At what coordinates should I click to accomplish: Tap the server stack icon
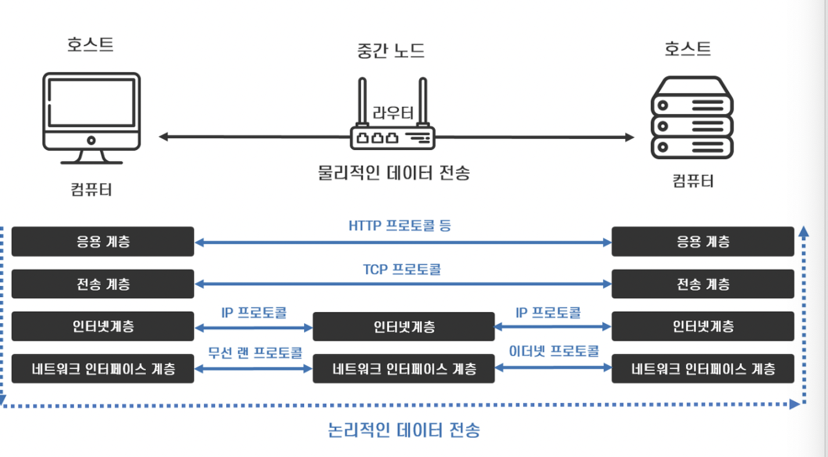point(691,119)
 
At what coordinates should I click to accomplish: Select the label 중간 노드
point(391,51)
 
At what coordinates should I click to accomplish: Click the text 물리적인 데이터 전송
point(394,172)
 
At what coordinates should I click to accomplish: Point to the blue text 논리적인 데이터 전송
point(404,430)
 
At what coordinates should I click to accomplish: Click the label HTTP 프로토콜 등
point(400,226)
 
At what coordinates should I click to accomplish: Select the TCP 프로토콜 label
point(402,269)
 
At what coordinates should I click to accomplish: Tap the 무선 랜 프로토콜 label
point(255,352)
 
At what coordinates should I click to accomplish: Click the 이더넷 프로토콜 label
point(554,351)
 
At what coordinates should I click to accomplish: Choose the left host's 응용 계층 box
point(102,241)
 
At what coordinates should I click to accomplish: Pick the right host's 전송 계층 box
point(702,284)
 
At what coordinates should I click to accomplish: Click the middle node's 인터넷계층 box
point(404,327)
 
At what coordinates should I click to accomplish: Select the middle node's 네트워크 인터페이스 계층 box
point(404,369)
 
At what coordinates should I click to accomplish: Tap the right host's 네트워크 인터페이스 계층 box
point(702,369)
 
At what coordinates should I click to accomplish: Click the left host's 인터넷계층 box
point(102,326)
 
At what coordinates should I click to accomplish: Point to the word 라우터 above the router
point(393,112)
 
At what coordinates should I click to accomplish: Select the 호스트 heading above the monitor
point(90,45)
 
